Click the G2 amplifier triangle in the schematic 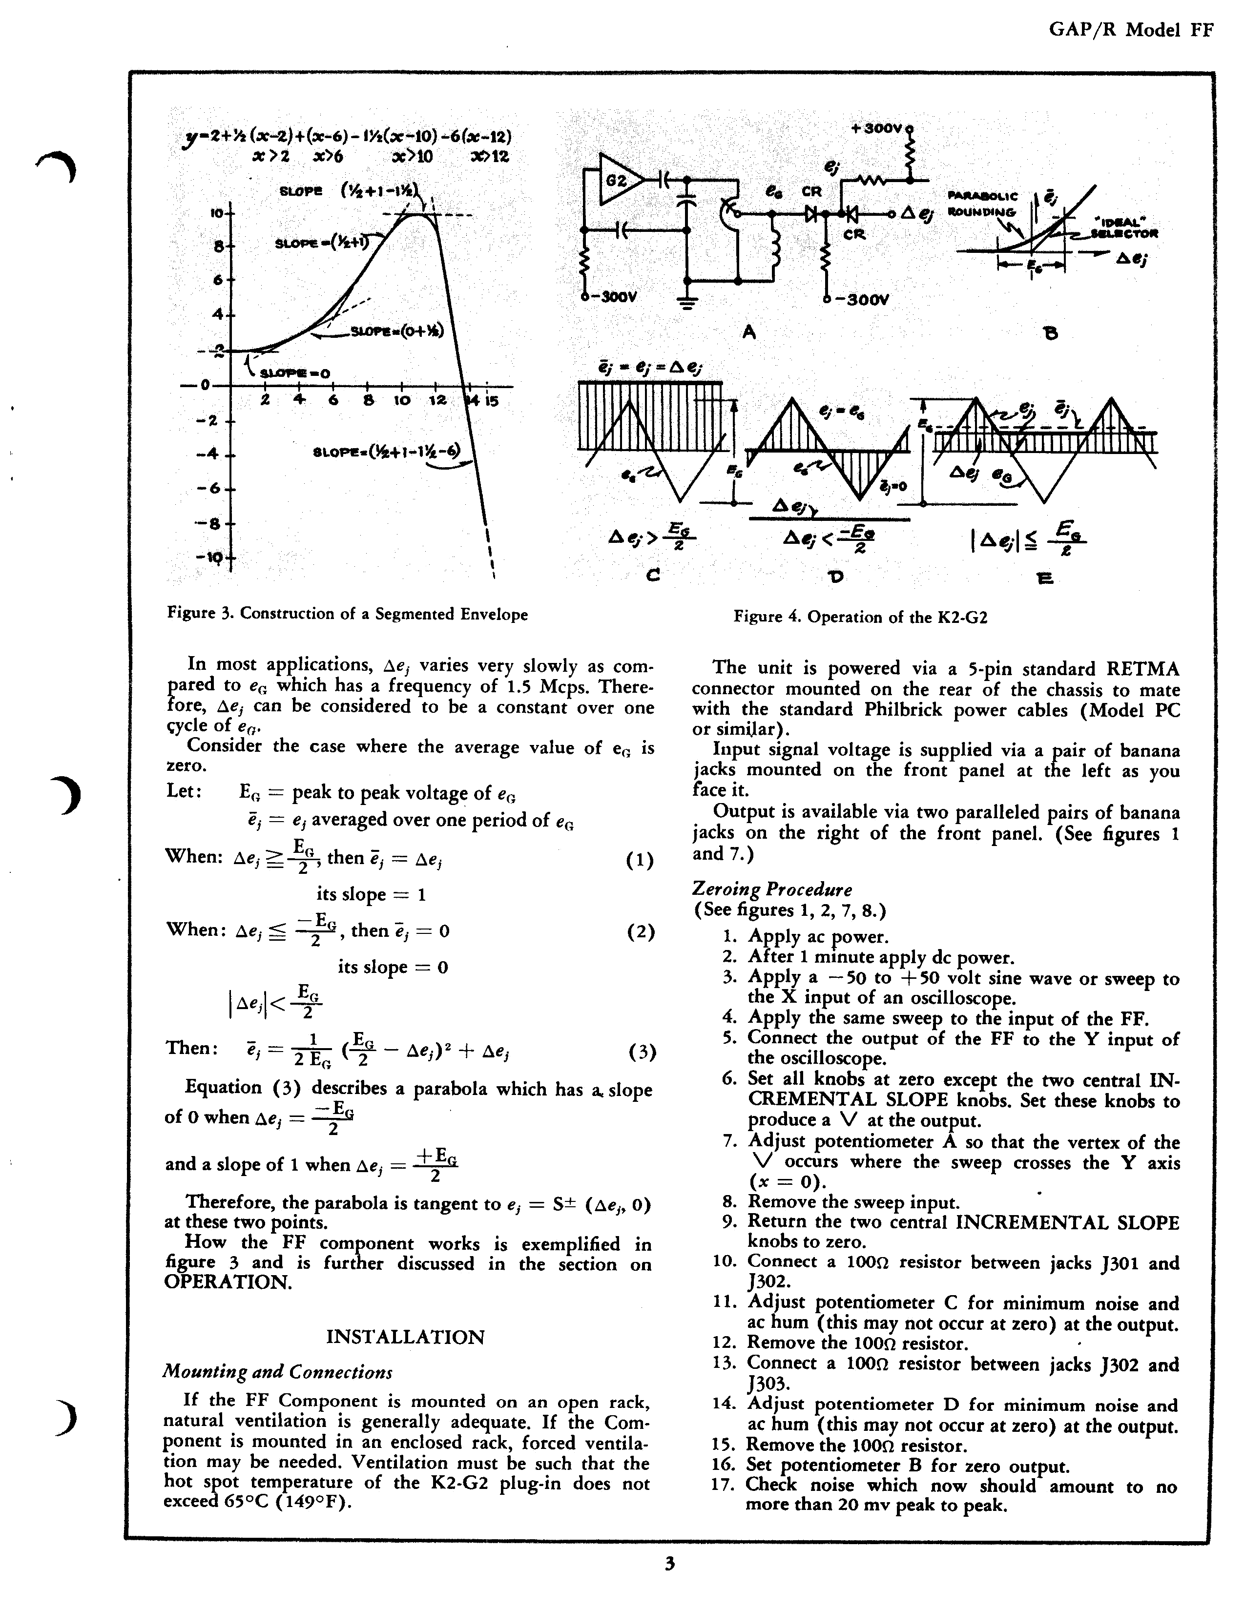618,179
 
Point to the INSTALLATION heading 405,1337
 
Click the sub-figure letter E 1044,578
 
